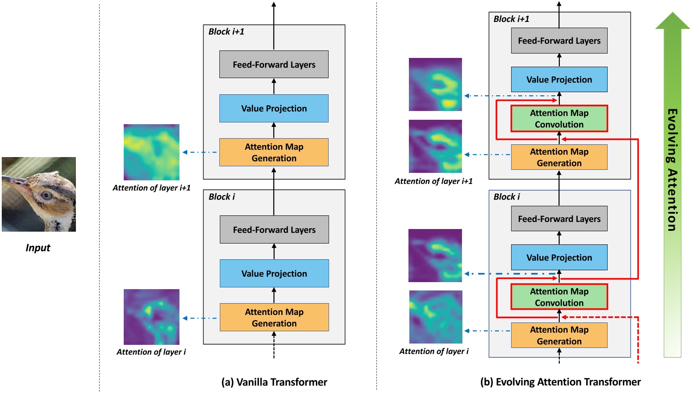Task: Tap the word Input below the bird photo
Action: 38,248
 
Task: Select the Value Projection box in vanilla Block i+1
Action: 274,108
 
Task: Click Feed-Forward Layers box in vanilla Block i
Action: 274,229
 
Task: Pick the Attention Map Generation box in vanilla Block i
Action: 274,317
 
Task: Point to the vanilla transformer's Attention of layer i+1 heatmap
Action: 151,152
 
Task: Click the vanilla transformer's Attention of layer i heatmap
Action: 151,317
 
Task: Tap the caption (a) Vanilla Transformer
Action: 274,382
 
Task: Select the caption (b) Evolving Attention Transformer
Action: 560,382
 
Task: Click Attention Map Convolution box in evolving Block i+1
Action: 559,118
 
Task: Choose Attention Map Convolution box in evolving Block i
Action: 559,297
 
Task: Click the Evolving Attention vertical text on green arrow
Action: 672,170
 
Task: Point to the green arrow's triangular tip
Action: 673,20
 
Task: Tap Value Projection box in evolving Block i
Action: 559,258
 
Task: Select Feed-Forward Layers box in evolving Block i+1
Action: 559,41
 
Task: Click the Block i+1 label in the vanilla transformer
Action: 226,32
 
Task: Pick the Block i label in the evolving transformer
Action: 506,197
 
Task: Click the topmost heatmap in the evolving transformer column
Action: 435,84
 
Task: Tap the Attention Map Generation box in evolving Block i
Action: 559,336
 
